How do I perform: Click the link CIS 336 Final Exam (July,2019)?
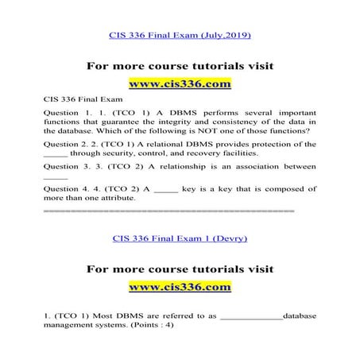pos(179,36)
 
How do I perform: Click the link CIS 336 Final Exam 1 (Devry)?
pos(180,238)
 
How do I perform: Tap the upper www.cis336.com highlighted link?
pos(180,83)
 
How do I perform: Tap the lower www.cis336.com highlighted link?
pos(180,285)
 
